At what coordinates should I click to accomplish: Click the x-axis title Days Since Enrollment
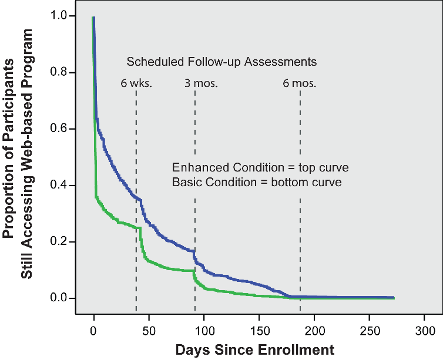click(x=254, y=350)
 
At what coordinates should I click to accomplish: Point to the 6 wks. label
click(x=136, y=83)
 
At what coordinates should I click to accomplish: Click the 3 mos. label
click(x=201, y=83)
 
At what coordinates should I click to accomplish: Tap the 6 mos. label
click(x=299, y=83)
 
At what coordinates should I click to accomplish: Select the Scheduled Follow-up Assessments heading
click(x=221, y=61)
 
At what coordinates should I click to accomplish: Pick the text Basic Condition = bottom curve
click(x=257, y=183)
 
